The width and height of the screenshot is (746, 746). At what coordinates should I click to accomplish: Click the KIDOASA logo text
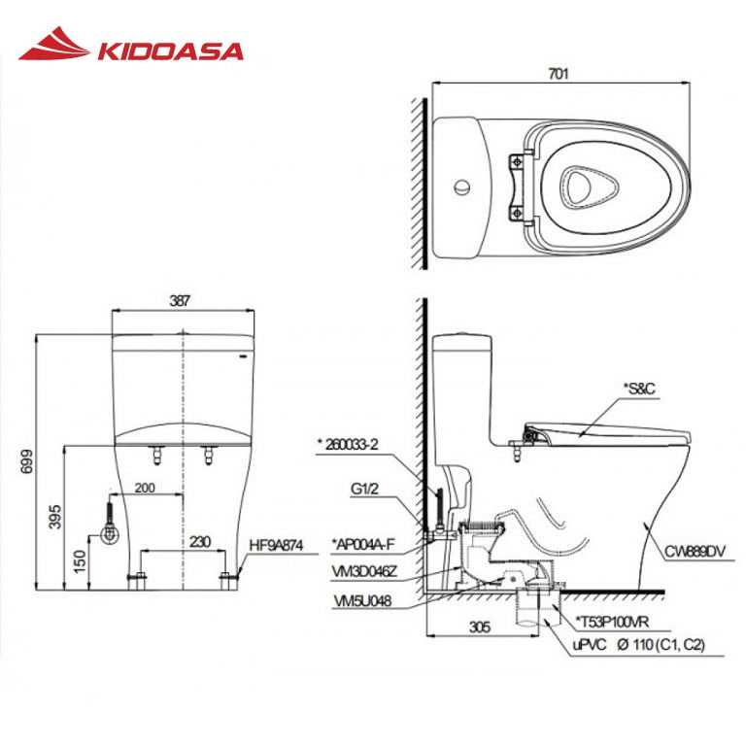click(x=169, y=50)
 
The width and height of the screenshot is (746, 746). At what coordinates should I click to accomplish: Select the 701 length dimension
click(x=558, y=73)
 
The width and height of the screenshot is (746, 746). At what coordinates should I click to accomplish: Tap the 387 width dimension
click(x=180, y=302)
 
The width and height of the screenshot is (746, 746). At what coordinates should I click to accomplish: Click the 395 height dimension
click(x=49, y=512)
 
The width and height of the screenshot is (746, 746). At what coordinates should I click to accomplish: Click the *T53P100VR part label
click(x=614, y=620)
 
